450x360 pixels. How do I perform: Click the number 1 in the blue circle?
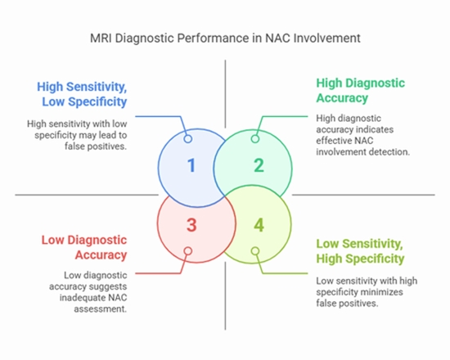pos(191,165)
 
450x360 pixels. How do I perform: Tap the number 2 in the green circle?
pos(259,165)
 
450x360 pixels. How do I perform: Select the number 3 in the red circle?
pos(191,223)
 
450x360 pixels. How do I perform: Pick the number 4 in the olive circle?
pos(259,223)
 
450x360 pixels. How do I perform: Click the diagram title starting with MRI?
pos(224,38)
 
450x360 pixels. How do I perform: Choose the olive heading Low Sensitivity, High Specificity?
pos(360,250)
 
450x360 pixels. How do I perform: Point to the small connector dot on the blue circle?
pos(188,138)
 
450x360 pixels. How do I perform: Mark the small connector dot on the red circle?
pos(188,251)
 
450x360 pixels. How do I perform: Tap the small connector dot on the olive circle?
pos(255,251)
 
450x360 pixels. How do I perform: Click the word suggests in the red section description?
pos(108,286)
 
